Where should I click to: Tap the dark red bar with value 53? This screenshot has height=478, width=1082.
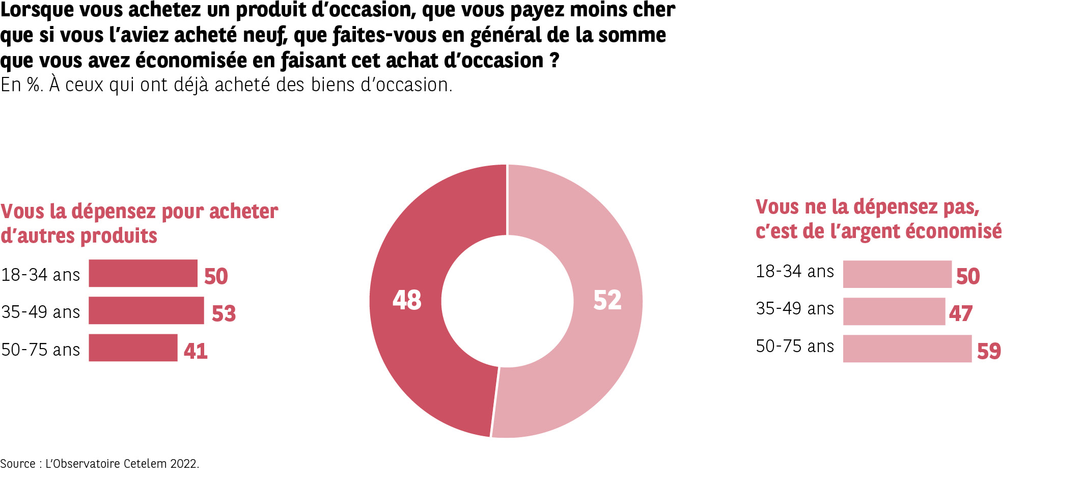pyautogui.click(x=146, y=310)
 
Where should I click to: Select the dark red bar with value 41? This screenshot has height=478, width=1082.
pyautogui.click(x=133, y=348)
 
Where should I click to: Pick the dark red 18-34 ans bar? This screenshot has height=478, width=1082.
pyautogui.click(x=143, y=273)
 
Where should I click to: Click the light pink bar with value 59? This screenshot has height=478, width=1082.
pyautogui.click(x=907, y=349)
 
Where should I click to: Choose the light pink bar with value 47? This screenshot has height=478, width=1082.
pyautogui.click(x=894, y=311)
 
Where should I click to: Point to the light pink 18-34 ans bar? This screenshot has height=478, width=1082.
pyautogui.click(x=897, y=274)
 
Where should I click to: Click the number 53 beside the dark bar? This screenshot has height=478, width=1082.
pyautogui.click(x=224, y=313)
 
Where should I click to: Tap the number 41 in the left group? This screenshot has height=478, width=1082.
pyautogui.click(x=196, y=351)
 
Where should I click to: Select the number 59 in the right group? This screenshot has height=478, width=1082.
pyautogui.click(x=989, y=351)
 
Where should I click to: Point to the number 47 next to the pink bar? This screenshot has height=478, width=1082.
pyautogui.click(x=961, y=313)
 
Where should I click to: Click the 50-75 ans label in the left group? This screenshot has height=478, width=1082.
pyautogui.click(x=41, y=350)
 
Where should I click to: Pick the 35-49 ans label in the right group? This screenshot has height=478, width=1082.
pyautogui.click(x=795, y=309)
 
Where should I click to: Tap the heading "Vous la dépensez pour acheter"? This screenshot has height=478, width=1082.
pyautogui.click(x=140, y=211)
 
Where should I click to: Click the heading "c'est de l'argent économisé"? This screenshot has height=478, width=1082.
pyautogui.click(x=878, y=231)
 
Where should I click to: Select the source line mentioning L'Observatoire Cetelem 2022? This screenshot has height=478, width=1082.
pyautogui.click(x=100, y=464)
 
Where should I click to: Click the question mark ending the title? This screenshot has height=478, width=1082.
pyautogui.click(x=554, y=61)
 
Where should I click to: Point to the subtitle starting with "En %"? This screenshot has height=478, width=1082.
pyautogui.click(x=226, y=85)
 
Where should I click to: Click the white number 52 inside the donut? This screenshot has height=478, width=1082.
pyautogui.click(x=607, y=300)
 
